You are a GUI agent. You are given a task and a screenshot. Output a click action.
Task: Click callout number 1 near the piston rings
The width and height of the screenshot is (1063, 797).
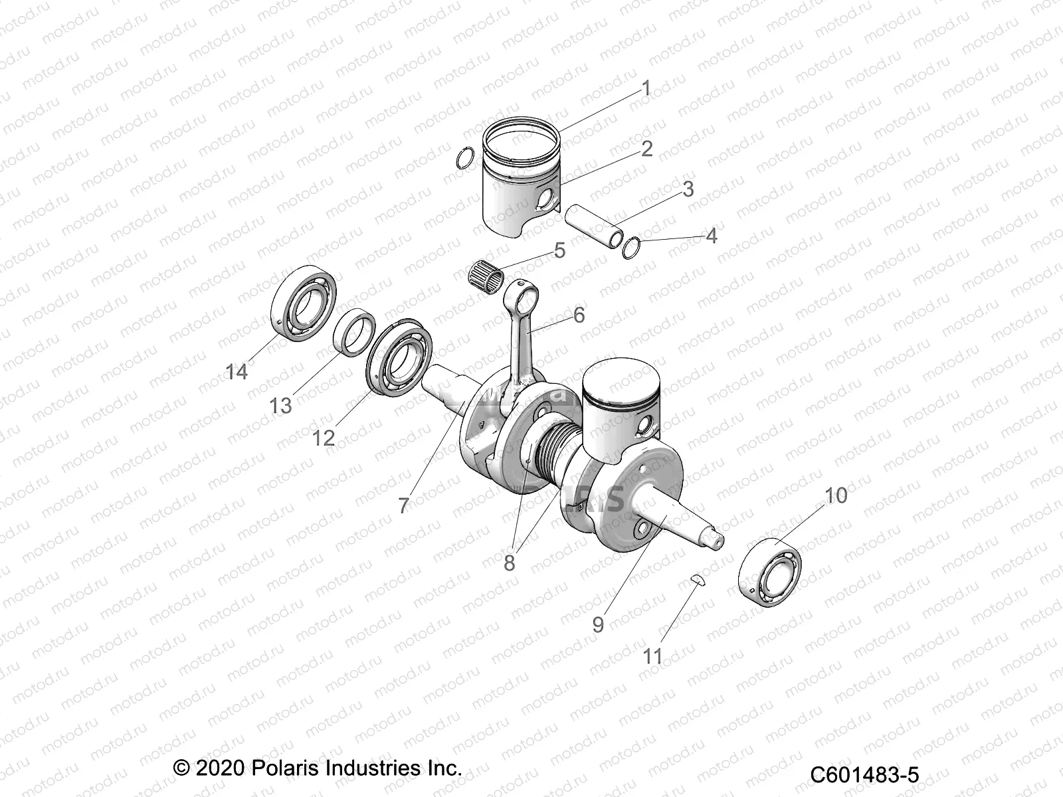(645, 88)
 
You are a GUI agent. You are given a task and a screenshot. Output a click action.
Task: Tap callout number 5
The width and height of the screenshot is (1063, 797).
(559, 250)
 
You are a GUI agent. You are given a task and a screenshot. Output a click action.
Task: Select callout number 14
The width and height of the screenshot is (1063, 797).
(237, 371)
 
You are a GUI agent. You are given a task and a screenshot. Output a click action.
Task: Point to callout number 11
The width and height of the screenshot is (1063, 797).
(652, 656)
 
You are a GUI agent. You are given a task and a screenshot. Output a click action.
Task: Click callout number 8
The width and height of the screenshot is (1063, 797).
(509, 563)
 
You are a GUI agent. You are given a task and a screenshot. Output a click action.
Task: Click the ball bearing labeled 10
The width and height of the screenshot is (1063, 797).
(771, 572)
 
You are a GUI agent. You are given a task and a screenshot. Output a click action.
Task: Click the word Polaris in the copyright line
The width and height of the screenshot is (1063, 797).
(284, 768)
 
